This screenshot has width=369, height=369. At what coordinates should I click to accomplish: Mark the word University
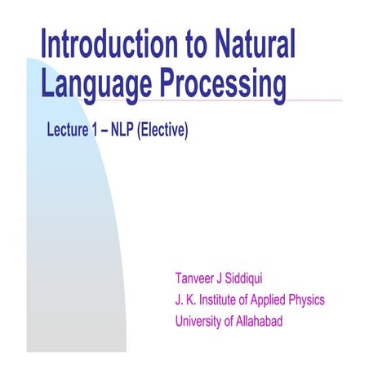[198, 321]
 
